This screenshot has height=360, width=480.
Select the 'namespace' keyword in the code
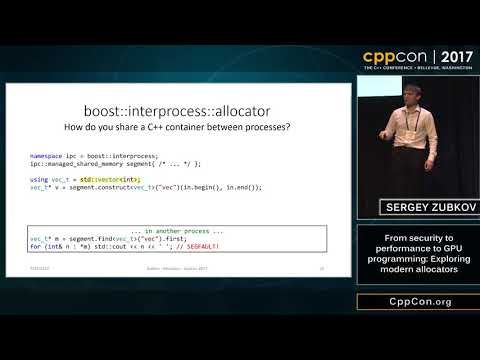tap(46, 156)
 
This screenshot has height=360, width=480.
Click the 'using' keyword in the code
tap(40, 178)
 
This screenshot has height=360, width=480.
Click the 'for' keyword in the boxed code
tap(35, 246)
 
